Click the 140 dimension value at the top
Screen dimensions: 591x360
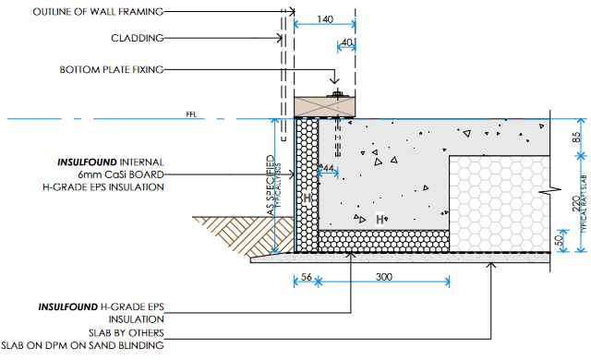pos(325,19)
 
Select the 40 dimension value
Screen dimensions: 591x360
pos(347,42)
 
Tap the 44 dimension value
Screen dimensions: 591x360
pos(329,168)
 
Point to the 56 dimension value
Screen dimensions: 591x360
pos(307,277)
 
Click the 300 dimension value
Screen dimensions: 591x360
pos(384,277)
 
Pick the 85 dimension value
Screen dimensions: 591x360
pos(576,137)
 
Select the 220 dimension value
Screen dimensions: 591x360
pos(576,204)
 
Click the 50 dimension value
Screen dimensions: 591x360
pos(559,239)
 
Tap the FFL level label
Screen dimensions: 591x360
pos(191,114)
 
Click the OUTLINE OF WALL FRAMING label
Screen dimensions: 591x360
pos(98,12)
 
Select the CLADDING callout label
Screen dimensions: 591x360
pos(138,38)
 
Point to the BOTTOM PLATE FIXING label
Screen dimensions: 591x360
pos(112,69)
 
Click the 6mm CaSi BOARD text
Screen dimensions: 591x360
pos(121,174)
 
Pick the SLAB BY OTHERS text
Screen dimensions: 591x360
pos(127,333)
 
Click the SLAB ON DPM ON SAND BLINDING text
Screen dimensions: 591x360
pos(82,345)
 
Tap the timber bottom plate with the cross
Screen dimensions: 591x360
pos(324,107)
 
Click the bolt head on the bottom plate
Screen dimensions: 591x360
pos(337,93)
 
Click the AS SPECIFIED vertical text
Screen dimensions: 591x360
pos(271,185)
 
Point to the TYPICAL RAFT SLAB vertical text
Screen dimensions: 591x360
pos(585,204)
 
